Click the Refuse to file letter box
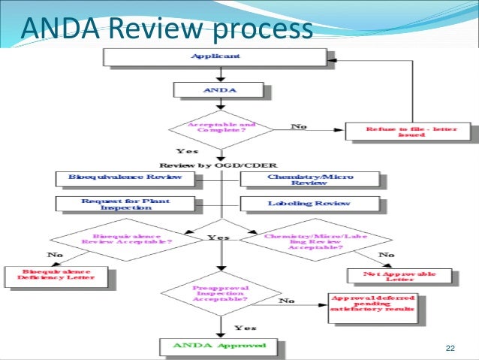411,132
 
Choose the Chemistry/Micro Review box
309,180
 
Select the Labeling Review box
309,204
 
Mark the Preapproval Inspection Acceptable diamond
219,294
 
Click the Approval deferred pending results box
371,304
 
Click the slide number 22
450,347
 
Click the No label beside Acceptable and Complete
299,126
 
